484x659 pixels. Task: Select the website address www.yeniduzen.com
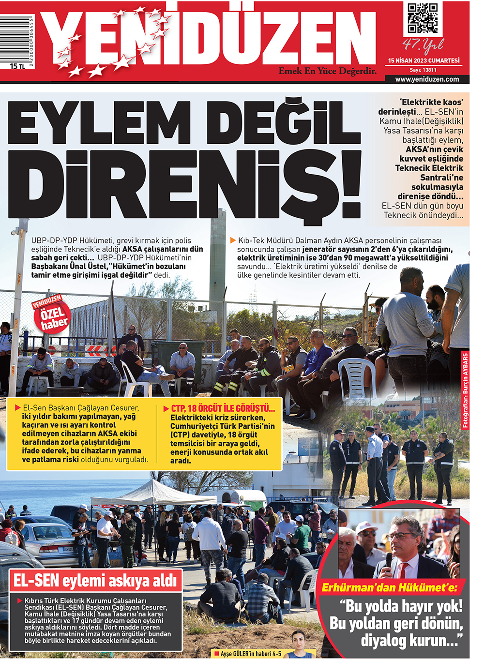click(427, 79)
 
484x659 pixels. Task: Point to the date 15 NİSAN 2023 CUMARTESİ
click(423, 60)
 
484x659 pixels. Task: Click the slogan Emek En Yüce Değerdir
click(327, 71)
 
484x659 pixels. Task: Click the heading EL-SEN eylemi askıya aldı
click(95, 580)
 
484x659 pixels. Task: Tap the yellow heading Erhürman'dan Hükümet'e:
click(389, 588)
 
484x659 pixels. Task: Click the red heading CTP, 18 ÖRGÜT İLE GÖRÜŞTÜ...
click(223, 409)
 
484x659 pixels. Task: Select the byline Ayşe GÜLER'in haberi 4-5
click(251, 654)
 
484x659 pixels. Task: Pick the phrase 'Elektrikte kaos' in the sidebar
click(431, 102)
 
